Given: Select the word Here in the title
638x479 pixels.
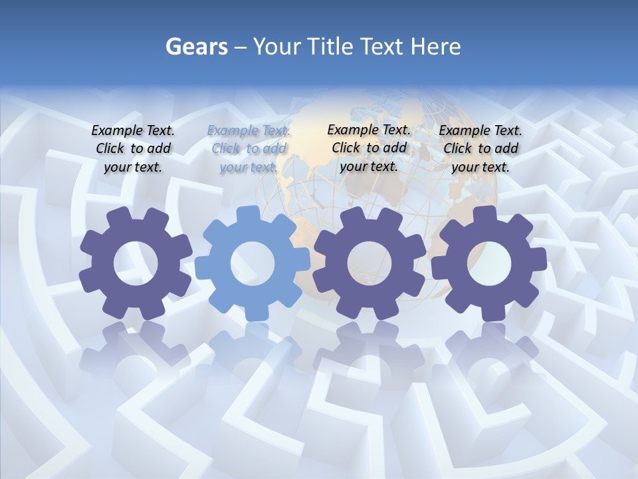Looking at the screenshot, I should point(435,47).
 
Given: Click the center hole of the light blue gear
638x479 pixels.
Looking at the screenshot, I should point(253,263).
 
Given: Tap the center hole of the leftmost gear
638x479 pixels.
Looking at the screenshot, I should point(136,263).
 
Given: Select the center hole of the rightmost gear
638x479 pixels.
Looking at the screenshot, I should point(488,263).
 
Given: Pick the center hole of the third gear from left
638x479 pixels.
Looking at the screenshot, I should point(370,263).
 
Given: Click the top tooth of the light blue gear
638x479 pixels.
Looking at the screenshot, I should point(248,214).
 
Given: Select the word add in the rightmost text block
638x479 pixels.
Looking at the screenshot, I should point(506,148).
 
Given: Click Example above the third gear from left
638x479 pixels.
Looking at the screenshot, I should point(352,130).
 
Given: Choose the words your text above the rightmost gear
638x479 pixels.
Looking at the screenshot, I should point(480,167).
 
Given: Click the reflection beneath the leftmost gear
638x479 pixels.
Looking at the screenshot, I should point(135,353).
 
